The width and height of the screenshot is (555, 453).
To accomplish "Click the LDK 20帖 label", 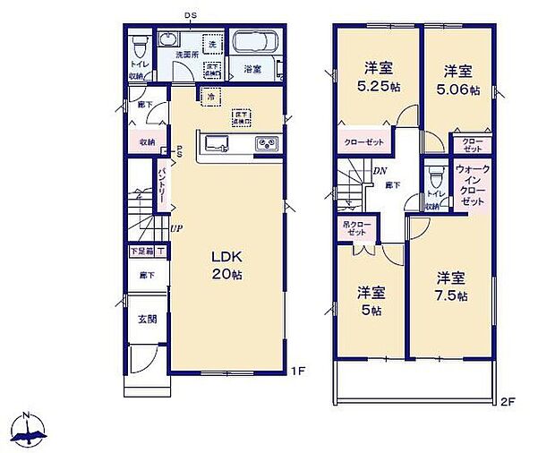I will [x=225, y=265].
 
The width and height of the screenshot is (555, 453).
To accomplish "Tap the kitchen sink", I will [x=217, y=143].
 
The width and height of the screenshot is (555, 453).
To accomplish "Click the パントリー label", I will [x=162, y=183].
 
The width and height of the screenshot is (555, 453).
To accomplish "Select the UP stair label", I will [x=177, y=227].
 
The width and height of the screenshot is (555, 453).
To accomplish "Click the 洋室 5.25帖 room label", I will [x=375, y=76].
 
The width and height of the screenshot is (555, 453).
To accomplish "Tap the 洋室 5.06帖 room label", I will [x=457, y=77].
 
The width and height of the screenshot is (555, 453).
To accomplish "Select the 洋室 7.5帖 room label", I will [x=451, y=286].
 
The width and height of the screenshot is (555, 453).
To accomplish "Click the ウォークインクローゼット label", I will [x=473, y=186].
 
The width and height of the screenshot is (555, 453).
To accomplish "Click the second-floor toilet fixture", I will [x=436, y=174].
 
